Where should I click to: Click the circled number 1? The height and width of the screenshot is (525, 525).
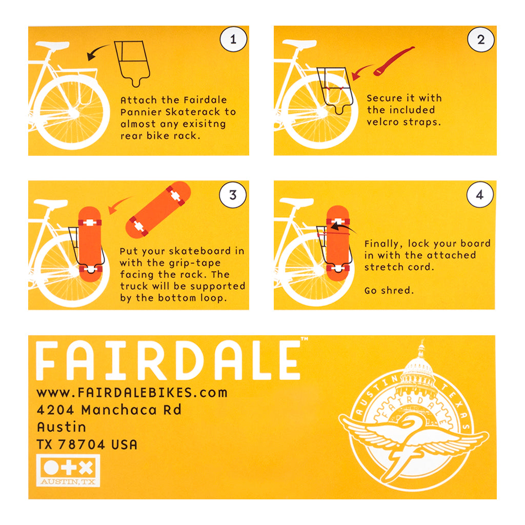(x=233, y=39)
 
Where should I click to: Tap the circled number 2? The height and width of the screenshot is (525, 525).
(x=481, y=39)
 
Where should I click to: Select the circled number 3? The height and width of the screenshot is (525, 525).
(x=233, y=195)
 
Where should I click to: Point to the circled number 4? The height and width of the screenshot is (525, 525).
(x=480, y=194)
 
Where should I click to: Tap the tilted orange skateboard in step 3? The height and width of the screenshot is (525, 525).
(x=158, y=210)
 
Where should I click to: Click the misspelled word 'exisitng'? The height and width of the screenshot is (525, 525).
(x=205, y=124)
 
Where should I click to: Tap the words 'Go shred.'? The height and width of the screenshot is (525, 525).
(x=389, y=290)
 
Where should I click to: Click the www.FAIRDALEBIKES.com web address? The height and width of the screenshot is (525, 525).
(x=132, y=392)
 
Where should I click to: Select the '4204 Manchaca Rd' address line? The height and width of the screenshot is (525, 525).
(x=109, y=410)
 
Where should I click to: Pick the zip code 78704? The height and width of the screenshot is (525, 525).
(x=82, y=445)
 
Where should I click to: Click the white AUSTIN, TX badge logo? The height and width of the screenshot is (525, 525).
(x=68, y=470)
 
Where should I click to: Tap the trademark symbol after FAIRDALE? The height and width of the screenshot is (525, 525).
(x=305, y=339)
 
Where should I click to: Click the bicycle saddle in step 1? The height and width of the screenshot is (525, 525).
(x=52, y=45)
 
